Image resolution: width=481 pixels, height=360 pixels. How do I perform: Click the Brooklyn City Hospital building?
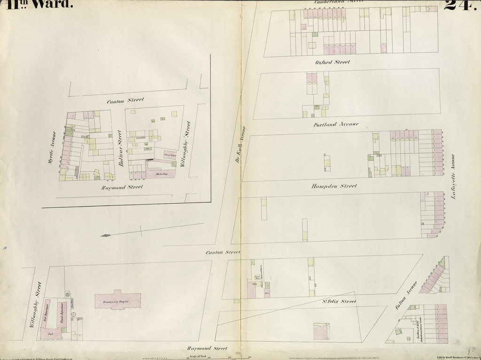[118, 301]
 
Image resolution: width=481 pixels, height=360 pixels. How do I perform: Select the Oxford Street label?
[333, 62]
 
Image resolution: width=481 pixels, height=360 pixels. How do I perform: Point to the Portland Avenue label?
[336, 124]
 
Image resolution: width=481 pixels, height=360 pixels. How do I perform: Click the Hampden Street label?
[334, 186]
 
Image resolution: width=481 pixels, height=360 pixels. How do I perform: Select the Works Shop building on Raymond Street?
[160, 174]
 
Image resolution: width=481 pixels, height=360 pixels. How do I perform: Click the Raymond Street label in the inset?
[122, 187]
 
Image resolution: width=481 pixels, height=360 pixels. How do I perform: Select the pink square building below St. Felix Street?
[320, 331]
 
